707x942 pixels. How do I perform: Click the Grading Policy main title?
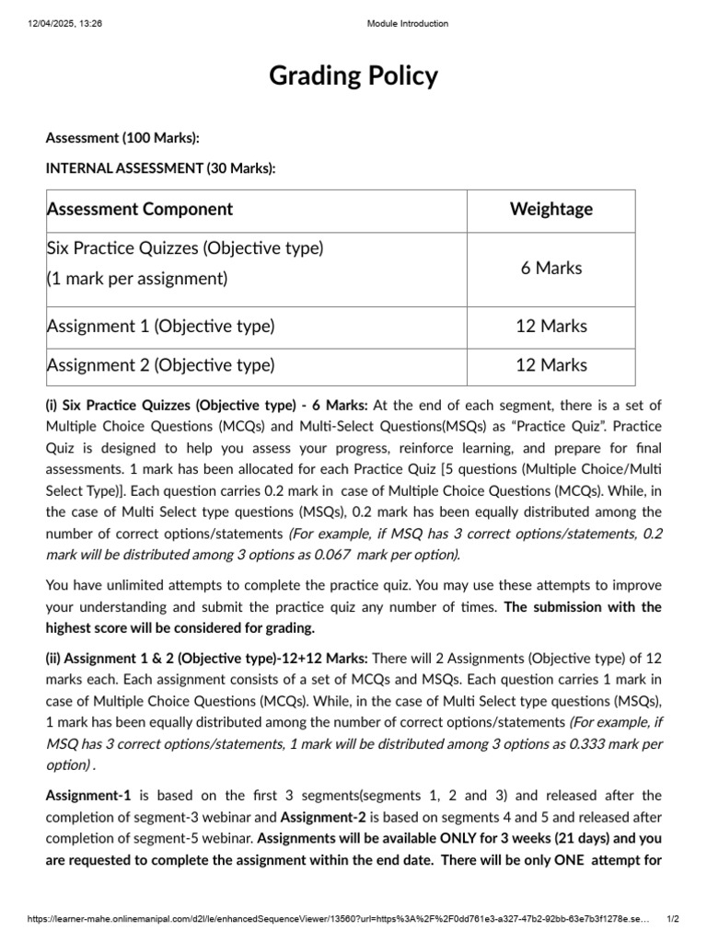click(x=353, y=76)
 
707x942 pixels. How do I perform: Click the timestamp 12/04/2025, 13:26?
click(x=64, y=24)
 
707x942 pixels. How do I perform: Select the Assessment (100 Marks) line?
click(x=122, y=138)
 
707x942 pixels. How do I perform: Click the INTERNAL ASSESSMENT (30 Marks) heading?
click(x=160, y=167)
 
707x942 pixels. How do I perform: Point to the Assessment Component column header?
click(x=140, y=210)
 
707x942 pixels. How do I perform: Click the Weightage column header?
click(x=551, y=210)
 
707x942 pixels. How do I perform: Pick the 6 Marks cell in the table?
click(x=551, y=269)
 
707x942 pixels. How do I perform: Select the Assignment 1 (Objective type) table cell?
click(x=161, y=327)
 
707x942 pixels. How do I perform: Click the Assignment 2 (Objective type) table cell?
click(x=161, y=365)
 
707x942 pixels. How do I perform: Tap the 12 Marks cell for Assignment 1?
click(x=551, y=327)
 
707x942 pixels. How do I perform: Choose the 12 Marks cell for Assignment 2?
click(x=551, y=365)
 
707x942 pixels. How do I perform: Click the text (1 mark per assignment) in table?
click(x=137, y=279)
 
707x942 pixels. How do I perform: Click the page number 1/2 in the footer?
click(x=673, y=919)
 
